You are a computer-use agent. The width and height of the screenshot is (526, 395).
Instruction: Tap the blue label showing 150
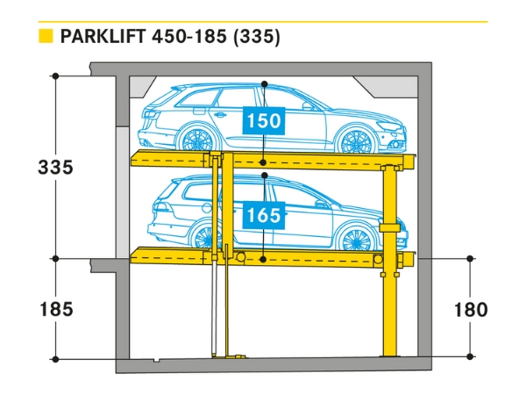(264, 121)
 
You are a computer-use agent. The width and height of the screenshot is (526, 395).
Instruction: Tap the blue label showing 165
(264, 213)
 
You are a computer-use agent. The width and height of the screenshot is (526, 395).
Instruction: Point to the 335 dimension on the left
(54, 167)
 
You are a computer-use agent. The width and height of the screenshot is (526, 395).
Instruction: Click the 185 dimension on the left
(54, 309)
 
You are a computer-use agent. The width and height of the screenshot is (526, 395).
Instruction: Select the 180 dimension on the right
(471, 309)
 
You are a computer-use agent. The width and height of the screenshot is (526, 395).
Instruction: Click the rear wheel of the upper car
(195, 142)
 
